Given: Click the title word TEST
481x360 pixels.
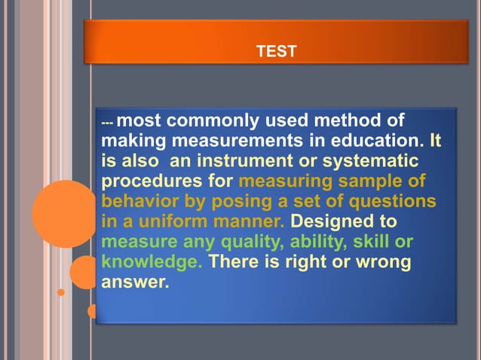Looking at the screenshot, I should pyautogui.click(x=276, y=51).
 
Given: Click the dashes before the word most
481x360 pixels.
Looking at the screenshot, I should pyautogui.click(x=107, y=122).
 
